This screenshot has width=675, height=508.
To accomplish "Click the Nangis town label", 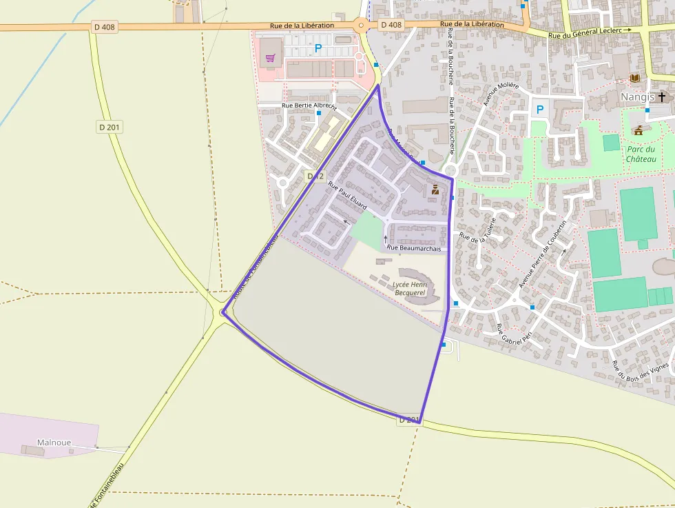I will pyautogui.click(x=637, y=97).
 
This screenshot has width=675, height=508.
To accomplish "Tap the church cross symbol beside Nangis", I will pyautogui.click(x=663, y=97).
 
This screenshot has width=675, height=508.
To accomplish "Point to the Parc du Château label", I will pyautogui.click(x=641, y=154).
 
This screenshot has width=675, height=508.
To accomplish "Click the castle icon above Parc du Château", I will pyautogui.click(x=638, y=130).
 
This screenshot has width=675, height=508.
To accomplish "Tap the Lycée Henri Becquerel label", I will pyautogui.click(x=411, y=288).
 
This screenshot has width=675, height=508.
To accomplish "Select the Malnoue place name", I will pyautogui.click(x=54, y=443).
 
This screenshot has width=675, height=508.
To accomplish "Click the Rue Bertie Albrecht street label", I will pyautogui.click(x=309, y=106).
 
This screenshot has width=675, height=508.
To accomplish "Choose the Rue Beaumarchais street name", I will pyautogui.click(x=413, y=247).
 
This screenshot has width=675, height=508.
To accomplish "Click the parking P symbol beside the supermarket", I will pyautogui.click(x=318, y=48).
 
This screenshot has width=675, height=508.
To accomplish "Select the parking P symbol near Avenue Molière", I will pyautogui.click(x=539, y=109).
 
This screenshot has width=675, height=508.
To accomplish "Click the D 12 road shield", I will pyautogui.click(x=315, y=176).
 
